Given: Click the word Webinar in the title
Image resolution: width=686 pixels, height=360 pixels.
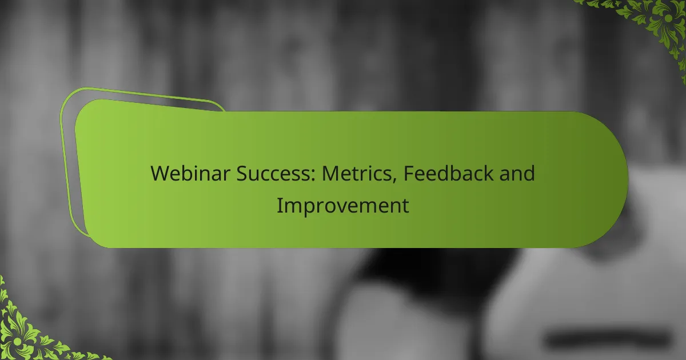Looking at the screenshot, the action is point(190,173).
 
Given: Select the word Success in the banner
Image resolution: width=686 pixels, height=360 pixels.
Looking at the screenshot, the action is point(273,173).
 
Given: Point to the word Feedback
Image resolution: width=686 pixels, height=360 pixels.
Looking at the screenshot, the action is point(448,173).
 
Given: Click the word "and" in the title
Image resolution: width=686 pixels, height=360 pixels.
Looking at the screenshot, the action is point(517,173).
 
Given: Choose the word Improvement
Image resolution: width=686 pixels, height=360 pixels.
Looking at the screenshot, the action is point(342,206).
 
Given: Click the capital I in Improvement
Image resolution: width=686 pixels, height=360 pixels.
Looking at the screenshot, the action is point(279,205).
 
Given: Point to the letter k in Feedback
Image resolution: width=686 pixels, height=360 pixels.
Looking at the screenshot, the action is point(488,173).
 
